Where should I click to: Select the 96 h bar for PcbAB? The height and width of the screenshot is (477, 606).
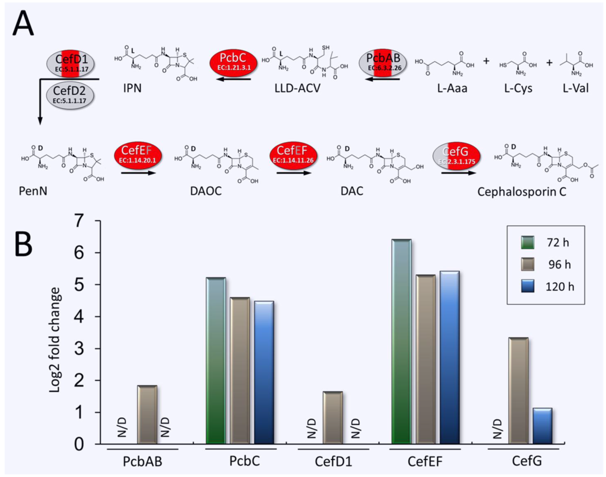tap(147, 414)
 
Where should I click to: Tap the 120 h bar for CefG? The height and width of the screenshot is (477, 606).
tap(542, 426)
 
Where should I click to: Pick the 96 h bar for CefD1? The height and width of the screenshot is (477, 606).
tap(333, 417)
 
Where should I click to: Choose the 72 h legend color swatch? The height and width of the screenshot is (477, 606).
tap(527, 242)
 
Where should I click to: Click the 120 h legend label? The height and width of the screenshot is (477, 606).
tap(560, 287)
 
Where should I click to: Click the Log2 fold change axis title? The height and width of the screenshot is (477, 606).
tap(54, 340)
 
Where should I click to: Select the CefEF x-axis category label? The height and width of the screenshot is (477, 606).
tap(425, 462)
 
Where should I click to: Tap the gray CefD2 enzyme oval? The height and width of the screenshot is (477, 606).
tap(70, 95)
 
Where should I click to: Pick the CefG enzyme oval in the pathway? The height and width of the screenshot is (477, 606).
tap(456, 156)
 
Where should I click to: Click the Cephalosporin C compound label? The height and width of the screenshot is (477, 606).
tap(522, 192)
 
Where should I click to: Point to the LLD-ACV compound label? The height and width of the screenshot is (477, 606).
tap(297, 88)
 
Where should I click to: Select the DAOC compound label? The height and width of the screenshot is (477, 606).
tap(206, 191)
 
